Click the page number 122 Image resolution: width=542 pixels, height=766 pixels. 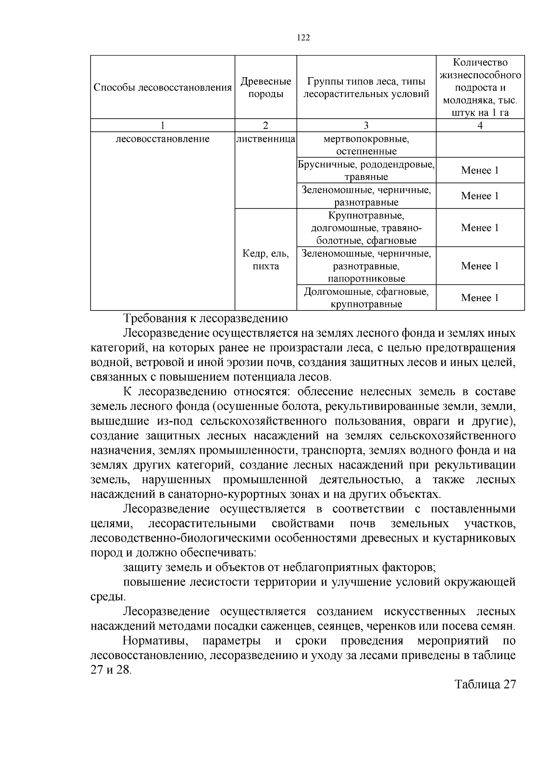tap(304, 38)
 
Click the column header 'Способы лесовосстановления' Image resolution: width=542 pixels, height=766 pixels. tap(162, 88)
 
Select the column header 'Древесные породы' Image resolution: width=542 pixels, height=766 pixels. tap(266, 88)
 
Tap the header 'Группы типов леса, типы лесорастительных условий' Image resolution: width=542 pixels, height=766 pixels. tap(366, 88)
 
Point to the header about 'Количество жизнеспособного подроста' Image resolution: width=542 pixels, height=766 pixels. tap(480, 88)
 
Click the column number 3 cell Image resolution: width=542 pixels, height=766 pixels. tap(366, 125)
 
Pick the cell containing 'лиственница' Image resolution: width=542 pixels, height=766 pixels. tap(266, 139)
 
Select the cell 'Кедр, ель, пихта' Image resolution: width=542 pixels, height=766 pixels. tap(266, 260)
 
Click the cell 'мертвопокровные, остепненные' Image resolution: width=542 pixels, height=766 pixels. tap(366, 144)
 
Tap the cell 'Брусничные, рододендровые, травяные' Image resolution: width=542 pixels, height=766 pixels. tap(366, 170)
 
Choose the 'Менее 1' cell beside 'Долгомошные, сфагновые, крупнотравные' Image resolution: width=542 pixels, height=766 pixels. tap(480, 298)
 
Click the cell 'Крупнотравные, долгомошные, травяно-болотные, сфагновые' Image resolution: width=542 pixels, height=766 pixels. tap(366, 227)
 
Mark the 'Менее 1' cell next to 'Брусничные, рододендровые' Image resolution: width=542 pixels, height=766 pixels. tap(480, 170)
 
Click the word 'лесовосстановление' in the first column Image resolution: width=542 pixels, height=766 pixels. tap(163, 139)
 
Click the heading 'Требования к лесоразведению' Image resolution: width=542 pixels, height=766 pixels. tap(206, 319)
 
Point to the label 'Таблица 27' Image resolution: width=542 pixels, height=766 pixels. tap(485, 684)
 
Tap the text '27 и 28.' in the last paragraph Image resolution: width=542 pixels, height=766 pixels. tap(111, 670)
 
